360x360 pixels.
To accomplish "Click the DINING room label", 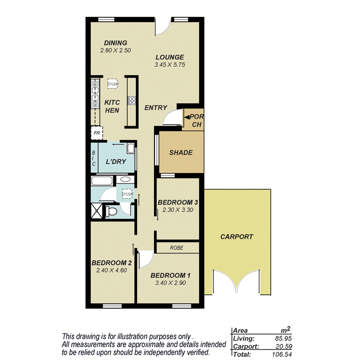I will pyautogui.click(x=115, y=43).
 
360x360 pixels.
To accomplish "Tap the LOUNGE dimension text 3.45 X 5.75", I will pyautogui.click(x=170, y=65).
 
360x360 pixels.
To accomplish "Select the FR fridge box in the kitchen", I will pyautogui.click(x=96, y=134).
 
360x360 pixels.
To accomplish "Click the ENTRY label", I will pyautogui.click(x=156, y=108).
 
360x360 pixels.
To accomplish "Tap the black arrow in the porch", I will pyautogui.click(x=187, y=116).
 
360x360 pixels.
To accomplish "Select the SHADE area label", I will pyautogui.click(x=181, y=153).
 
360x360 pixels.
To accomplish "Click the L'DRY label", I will pyautogui.click(x=116, y=161).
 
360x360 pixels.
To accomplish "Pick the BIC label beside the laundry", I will pyautogui.click(x=93, y=158).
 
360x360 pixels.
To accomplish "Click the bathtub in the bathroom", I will pyautogui.click(x=102, y=181).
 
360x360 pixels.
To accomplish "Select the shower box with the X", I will pyautogui.click(x=97, y=211).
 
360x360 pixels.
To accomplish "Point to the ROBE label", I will pyautogui.click(x=177, y=248).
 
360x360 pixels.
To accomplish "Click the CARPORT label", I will pyautogui.click(x=236, y=237).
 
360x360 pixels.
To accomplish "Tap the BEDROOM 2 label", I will pyautogui.click(x=112, y=263).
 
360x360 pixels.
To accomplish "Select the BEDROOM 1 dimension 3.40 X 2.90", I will pyautogui.click(x=170, y=283).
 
